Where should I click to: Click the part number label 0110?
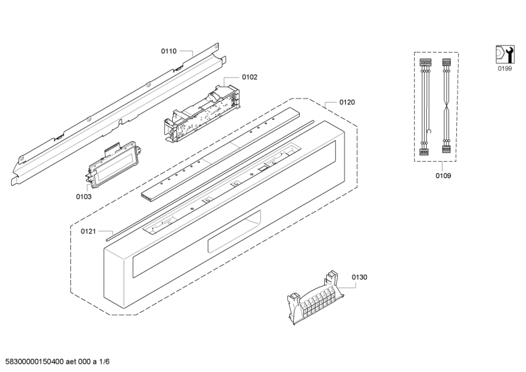click(169, 50)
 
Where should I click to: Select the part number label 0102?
click(249, 77)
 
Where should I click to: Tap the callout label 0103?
click(84, 196)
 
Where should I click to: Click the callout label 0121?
click(89, 231)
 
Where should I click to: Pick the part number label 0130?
click(359, 277)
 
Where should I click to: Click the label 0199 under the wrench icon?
click(503, 68)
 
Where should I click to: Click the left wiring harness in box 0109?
click(424, 105)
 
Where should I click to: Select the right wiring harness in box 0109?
click(446, 105)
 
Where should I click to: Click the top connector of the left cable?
click(424, 63)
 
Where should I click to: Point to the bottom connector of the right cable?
click(446, 149)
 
